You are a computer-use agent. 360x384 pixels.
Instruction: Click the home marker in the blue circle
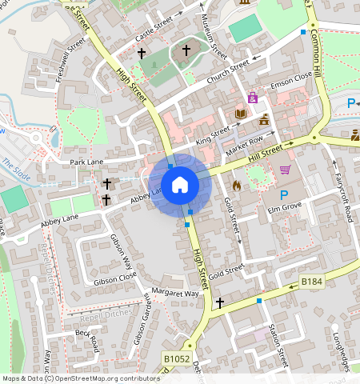[180, 185]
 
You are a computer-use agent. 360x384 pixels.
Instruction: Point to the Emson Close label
[291, 77]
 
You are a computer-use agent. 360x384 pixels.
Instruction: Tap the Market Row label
[245, 145]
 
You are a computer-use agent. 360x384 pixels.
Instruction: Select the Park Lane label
[87, 162]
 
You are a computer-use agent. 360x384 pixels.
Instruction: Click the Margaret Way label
[175, 294]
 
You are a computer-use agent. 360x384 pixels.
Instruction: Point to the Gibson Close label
[115, 278]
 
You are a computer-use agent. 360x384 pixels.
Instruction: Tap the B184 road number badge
[312, 282]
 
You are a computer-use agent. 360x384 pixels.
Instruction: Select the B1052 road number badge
[177, 360]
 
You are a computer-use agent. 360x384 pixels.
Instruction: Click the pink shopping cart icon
[286, 169]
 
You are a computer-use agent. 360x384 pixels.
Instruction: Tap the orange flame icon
[236, 186]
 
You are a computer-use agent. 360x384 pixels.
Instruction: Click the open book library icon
[240, 114]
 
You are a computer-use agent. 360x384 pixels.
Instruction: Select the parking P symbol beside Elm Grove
[282, 195]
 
